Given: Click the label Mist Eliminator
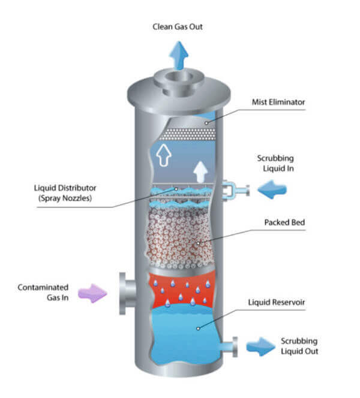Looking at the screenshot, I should [x=277, y=102].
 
